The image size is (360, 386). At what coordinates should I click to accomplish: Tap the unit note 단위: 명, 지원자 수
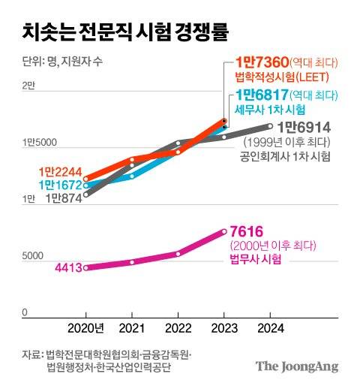[x=58, y=62]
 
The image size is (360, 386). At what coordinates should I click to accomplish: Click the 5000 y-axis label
[x=32, y=256]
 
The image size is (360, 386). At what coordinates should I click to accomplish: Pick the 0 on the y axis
[x=24, y=312]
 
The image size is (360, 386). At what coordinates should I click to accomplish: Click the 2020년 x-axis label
[x=86, y=328]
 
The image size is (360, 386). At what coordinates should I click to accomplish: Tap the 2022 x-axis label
[x=178, y=328]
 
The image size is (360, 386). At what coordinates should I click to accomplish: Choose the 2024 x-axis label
[x=270, y=328]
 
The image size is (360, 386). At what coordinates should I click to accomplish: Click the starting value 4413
[x=68, y=267]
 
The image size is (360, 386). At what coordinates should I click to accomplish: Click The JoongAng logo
[x=297, y=366]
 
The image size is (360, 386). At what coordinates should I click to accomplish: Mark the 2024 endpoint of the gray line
[x=270, y=126]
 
